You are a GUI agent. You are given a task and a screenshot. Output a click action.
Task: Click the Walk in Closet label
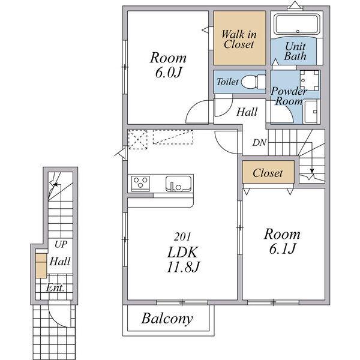(x=239, y=39)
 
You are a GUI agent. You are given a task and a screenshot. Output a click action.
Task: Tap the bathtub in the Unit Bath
(x=298, y=24)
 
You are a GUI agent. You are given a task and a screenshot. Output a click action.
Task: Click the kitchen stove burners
(x=140, y=183)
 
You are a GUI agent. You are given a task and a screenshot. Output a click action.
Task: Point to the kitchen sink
(x=178, y=184)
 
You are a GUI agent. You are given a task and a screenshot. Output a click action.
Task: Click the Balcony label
(x=167, y=319)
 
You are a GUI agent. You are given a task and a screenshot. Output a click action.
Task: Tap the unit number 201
(x=182, y=237)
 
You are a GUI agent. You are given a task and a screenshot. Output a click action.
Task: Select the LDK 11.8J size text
(x=183, y=259)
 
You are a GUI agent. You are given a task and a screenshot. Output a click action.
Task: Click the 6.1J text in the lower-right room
(x=282, y=248)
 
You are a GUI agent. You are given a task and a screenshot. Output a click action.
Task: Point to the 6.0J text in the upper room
(x=168, y=73)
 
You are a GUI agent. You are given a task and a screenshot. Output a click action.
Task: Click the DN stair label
(x=259, y=143)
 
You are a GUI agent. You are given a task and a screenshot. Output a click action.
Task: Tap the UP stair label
(x=61, y=245)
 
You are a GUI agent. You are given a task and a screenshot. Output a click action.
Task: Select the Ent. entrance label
(x=55, y=287)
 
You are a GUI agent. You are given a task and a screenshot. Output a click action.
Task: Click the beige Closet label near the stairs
(x=268, y=173)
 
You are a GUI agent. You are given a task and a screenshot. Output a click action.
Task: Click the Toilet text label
(x=227, y=82)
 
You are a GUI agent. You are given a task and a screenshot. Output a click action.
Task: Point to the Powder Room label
(x=289, y=96)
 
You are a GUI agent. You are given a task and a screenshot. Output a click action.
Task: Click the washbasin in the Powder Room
(x=310, y=80)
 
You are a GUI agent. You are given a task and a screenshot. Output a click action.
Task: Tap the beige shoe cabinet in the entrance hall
(x=41, y=266)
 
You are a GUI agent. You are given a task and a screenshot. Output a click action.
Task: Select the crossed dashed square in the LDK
(x=137, y=140)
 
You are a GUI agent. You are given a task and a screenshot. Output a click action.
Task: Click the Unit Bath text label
(x=295, y=52)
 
